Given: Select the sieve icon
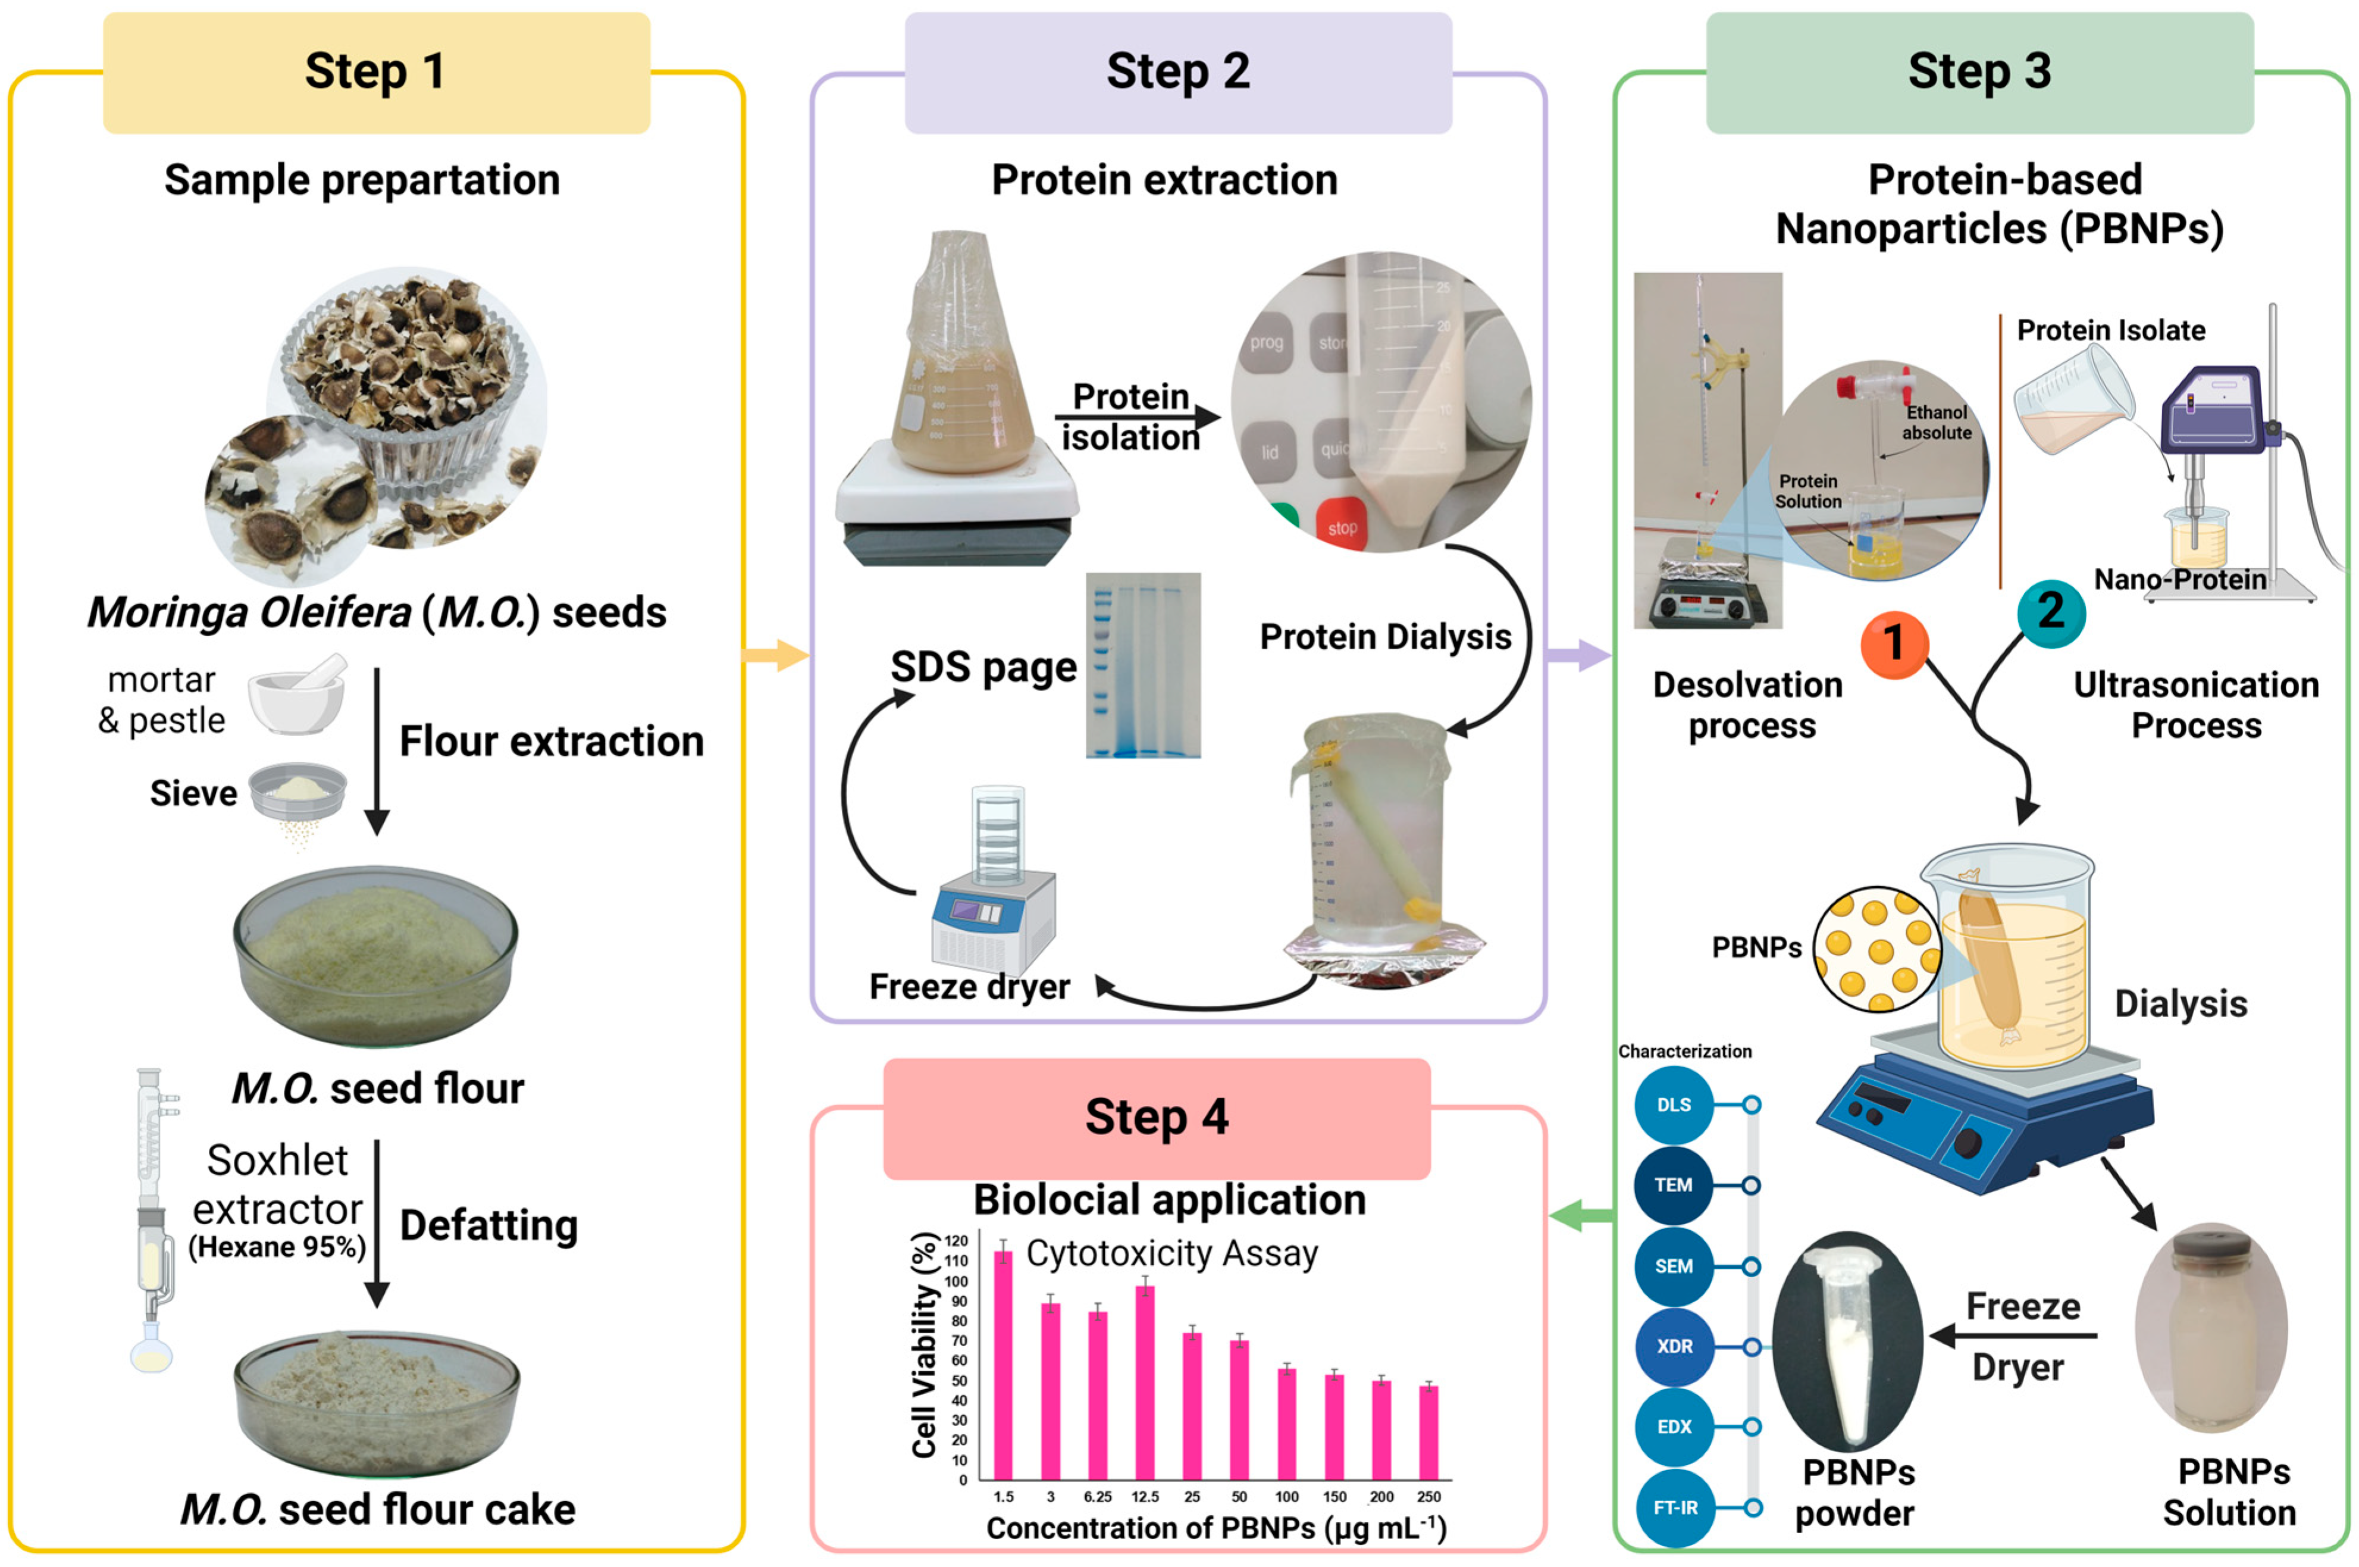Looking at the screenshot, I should tap(297, 795).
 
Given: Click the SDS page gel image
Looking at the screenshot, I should tap(1142, 665).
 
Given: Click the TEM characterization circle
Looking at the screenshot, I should tap(1674, 1186).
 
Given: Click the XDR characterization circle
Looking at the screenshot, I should tap(1674, 1346).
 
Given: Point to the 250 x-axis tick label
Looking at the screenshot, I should tap(1429, 1497).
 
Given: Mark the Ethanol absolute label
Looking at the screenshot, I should tap(1935, 423).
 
